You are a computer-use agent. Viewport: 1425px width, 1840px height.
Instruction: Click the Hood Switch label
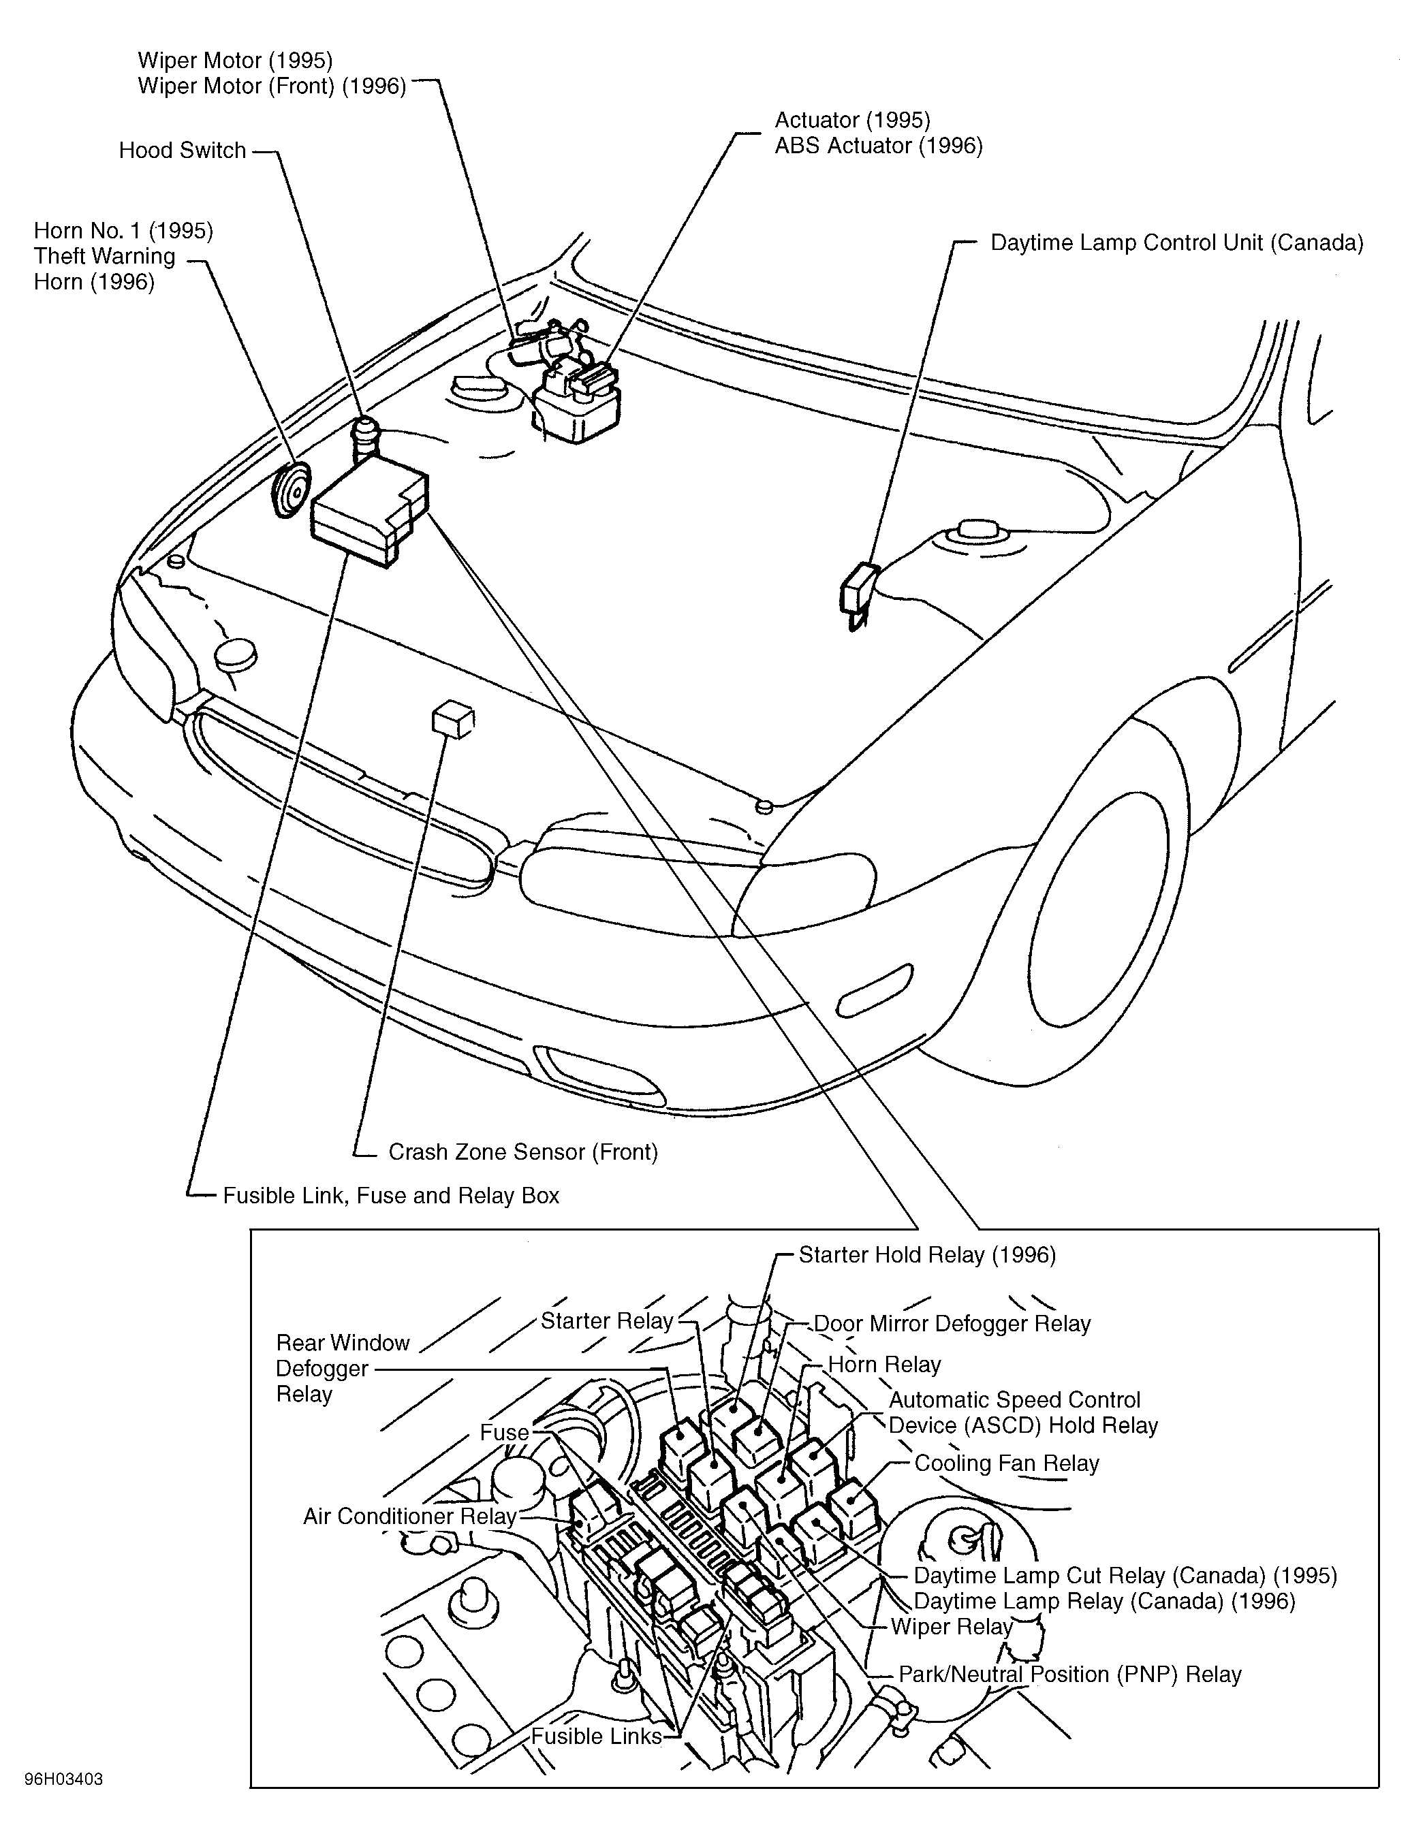pos(182,150)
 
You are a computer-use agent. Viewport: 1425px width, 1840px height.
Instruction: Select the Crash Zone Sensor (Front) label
pos(522,1152)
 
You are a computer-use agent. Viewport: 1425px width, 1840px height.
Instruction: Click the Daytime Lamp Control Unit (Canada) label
pos(1176,244)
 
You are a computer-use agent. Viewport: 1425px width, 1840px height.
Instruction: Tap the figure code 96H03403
pos(64,1780)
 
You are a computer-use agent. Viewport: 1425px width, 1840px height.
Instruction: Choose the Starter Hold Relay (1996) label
pos(927,1255)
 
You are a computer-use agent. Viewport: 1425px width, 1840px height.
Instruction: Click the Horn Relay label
pos(884,1365)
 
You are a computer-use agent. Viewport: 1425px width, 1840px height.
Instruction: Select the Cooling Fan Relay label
pos(1006,1463)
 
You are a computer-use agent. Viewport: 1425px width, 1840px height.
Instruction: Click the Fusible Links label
pos(596,1736)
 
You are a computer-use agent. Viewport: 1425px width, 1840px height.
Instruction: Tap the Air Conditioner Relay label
pos(409,1517)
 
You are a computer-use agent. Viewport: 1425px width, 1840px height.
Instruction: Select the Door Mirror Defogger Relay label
pos(952,1324)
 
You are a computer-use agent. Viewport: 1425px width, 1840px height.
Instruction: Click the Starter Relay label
pos(607,1320)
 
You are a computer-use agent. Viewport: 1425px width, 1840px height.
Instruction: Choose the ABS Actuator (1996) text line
pos(878,146)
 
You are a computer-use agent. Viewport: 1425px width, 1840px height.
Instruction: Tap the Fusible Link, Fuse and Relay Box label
pos(391,1196)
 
